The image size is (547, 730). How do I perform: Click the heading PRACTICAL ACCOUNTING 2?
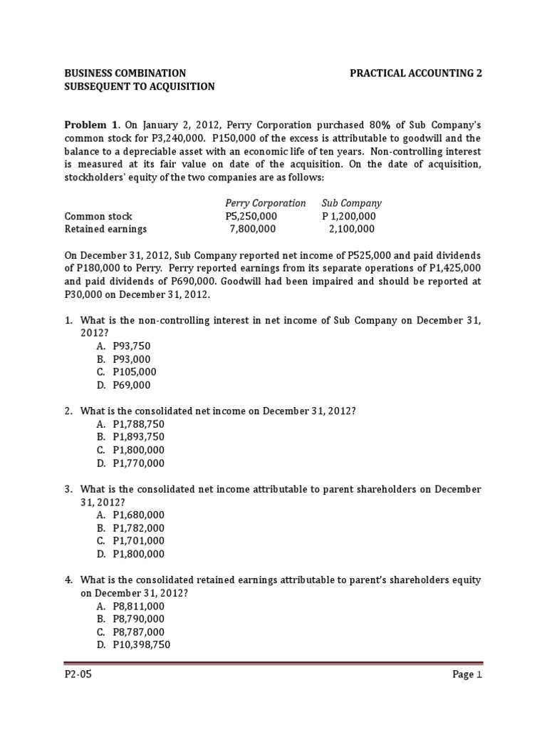[x=415, y=73]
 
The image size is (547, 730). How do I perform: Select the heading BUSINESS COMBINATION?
[x=125, y=73]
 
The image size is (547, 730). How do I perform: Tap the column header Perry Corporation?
[x=265, y=203]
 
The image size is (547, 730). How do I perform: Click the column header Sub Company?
[x=351, y=203]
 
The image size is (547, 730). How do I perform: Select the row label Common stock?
[x=98, y=216]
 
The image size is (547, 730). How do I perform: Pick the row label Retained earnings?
[x=105, y=229]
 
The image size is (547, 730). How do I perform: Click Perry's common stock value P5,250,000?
[x=251, y=216]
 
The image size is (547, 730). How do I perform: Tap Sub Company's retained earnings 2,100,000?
[x=351, y=229]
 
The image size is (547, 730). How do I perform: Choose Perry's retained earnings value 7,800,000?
[x=252, y=229]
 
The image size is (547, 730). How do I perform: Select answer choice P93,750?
[x=132, y=346]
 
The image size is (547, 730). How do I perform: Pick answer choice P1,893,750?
[x=138, y=437]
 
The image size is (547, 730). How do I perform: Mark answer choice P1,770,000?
[x=138, y=463]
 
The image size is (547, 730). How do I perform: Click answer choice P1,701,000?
[x=138, y=541]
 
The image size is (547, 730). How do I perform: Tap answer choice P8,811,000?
[x=138, y=606]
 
